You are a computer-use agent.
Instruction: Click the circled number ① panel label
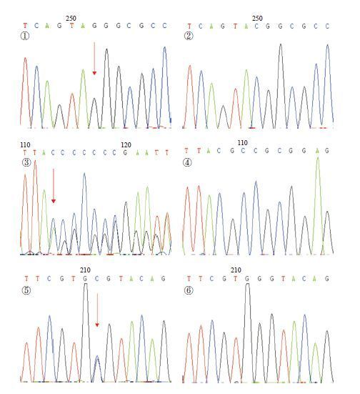(x=24, y=36)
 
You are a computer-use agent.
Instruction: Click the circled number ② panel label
(x=189, y=36)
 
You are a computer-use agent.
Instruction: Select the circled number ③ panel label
(x=26, y=162)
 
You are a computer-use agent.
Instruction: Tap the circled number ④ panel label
(x=187, y=162)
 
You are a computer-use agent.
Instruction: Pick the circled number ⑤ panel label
(x=26, y=291)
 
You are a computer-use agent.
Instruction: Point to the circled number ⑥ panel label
(x=189, y=291)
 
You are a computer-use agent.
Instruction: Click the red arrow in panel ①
(x=94, y=59)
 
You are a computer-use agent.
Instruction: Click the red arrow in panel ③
(x=54, y=186)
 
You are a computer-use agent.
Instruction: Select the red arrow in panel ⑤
(x=97, y=310)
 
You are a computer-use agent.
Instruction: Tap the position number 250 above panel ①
(x=71, y=19)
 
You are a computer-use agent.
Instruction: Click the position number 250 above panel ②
(x=257, y=19)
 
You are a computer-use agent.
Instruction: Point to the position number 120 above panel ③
(x=126, y=145)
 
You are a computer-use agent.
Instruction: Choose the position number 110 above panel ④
(x=243, y=143)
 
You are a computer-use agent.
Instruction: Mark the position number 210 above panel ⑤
(x=85, y=270)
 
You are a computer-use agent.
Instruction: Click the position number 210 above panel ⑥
(x=236, y=270)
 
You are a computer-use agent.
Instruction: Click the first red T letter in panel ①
(x=25, y=26)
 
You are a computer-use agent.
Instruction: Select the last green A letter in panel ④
(x=318, y=151)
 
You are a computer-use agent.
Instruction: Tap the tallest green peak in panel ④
(x=318, y=158)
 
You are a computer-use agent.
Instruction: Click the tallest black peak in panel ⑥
(x=248, y=284)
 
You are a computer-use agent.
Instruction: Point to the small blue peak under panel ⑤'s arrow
(x=97, y=356)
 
